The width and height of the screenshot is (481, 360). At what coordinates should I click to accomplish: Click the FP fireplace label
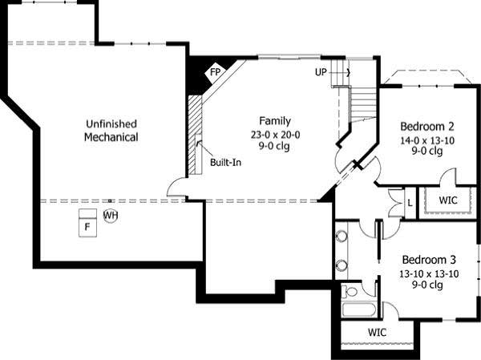point(215,72)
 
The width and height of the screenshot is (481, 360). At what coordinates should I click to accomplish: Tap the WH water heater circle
point(111,215)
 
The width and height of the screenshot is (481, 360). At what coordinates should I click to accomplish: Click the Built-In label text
point(226,162)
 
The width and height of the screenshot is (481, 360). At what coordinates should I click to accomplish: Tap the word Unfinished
point(111,123)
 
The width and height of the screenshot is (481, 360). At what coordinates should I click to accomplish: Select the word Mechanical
point(111,137)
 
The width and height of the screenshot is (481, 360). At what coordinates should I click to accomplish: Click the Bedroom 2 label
point(427,126)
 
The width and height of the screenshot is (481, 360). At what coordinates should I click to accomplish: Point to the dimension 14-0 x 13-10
point(427,140)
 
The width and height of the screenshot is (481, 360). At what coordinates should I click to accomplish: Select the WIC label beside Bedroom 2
point(448,200)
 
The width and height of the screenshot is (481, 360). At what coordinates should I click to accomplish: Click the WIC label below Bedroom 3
point(378,332)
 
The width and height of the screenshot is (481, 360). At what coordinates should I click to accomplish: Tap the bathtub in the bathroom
point(358,309)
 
